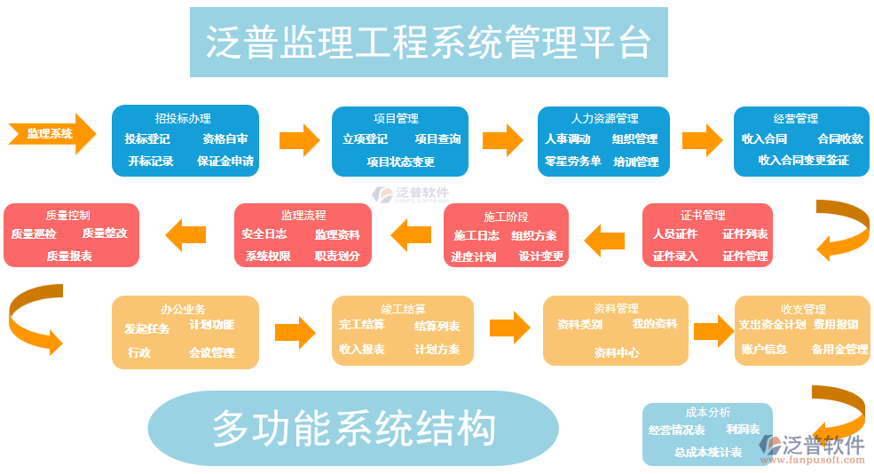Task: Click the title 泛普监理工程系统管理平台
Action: click(429, 42)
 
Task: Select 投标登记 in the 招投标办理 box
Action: click(147, 139)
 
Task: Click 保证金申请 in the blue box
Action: click(225, 162)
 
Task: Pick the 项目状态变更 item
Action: click(400, 162)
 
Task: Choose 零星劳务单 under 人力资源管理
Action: click(572, 162)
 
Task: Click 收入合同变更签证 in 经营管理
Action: click(803, 161)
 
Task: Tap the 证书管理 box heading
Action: click(703, 216)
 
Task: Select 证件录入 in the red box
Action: click(675, 257)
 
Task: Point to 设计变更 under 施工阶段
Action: click(541, 257)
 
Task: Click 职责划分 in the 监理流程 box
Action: click(337, 257)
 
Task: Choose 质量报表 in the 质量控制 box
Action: click(70, 256)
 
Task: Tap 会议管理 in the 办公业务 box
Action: click(211, 352)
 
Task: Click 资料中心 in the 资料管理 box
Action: click(616, 352)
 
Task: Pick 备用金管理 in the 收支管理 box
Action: click(839, 350)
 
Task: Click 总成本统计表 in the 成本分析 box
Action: click(707, 453)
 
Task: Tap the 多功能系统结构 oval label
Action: click(352, 430)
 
